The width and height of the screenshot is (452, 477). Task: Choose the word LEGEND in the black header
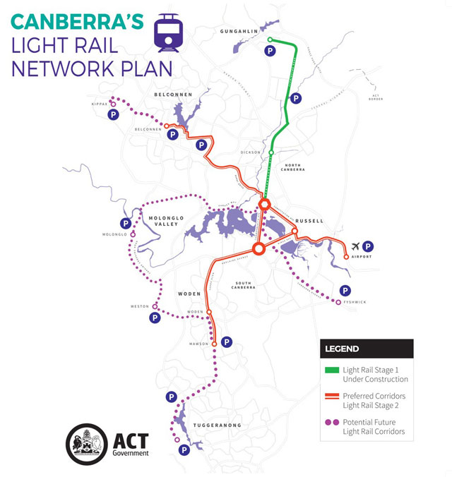click(343, 349)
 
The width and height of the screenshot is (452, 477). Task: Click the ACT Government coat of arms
click(86, 443)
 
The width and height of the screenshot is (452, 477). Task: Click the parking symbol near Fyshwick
click(345, 290)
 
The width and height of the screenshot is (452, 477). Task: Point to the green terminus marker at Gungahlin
click(270, 40)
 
